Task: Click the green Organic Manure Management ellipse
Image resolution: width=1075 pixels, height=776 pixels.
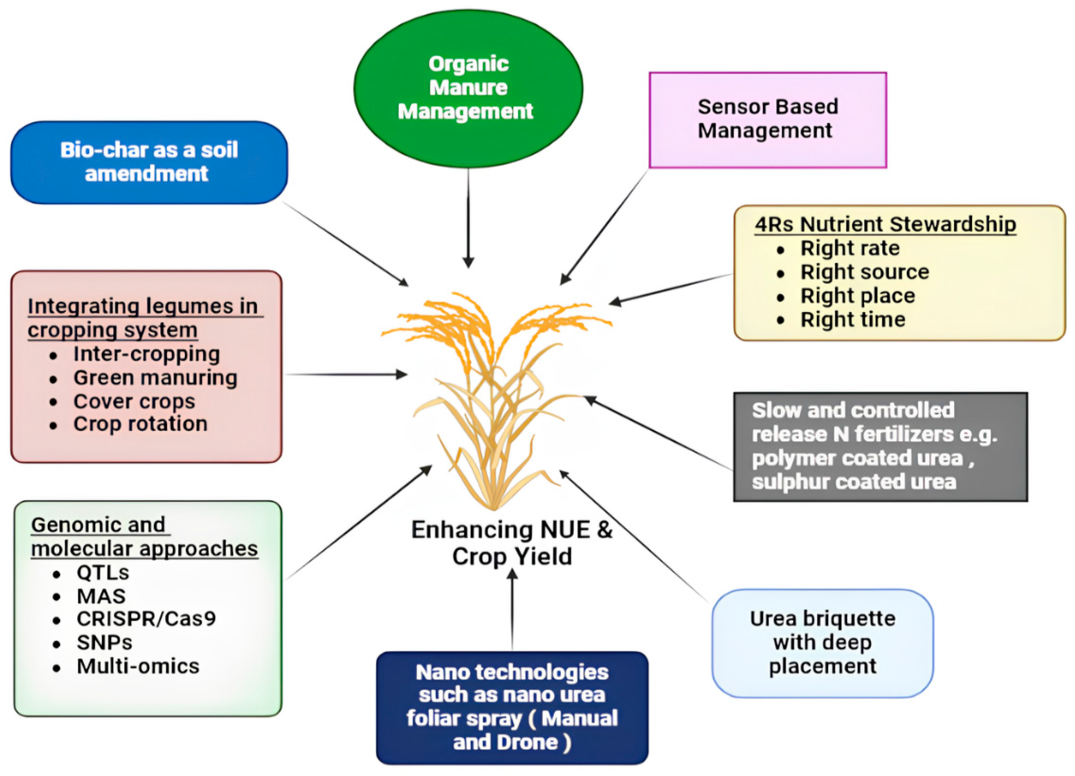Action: [x=468, y=88]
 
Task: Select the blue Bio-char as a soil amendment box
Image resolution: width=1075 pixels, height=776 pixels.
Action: [x=149, y=162]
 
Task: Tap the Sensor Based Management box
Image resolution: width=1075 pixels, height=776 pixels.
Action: [x=767, y=120]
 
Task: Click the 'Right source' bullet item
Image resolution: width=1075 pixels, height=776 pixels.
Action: [x=864, y=272]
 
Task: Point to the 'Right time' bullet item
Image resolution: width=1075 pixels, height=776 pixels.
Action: [x=852, y=319]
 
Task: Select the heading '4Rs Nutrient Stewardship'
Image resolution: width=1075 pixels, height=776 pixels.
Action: [x=885, y=224]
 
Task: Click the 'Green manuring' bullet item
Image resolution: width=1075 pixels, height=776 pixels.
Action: [x=155, y=378]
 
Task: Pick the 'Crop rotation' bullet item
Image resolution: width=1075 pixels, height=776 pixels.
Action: [x=140, y=424]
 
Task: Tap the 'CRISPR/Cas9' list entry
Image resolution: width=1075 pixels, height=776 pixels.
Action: [x=146, y=619]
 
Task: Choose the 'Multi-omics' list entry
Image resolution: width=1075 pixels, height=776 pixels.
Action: [x=138, y=666]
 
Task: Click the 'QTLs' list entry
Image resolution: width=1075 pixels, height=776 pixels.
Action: [x=103, y=572]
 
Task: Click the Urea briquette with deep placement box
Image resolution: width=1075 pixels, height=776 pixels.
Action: [x=822, y=643]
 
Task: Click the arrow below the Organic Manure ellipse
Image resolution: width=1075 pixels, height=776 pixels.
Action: [x=468, y=218]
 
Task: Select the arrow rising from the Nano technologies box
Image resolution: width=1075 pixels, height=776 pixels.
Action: [x=512, y=610]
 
